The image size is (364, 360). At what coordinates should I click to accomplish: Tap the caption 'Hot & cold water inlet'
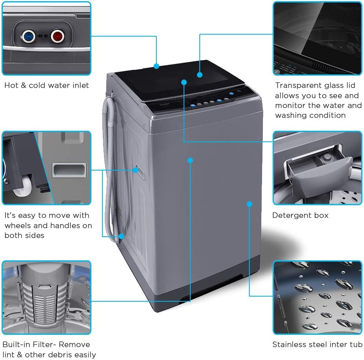[x=46, y=85]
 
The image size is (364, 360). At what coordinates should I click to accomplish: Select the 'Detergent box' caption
[x=300, y=215]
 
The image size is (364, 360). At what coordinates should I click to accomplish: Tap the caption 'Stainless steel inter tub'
[x=317, y=345]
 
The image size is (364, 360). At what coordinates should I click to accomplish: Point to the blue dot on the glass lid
[x=200, y=74]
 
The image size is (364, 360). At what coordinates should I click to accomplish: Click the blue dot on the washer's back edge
[x=156, y=66]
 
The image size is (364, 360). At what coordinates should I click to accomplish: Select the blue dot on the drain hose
[x=121, y=236]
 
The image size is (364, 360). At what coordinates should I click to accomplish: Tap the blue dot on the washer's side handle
[x=136, y=170]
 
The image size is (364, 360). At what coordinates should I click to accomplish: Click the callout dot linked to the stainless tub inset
[x=249, y=204]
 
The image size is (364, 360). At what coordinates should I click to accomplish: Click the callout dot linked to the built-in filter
[x=190, y=160]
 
